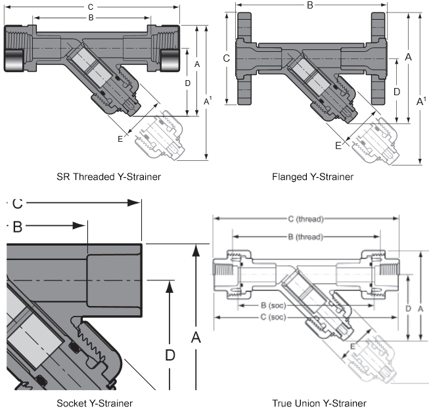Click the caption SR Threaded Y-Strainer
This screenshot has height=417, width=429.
tap(109, 177)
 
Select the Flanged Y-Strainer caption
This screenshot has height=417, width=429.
tap(313, 177)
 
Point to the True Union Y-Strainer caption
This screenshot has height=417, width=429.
tap(319, 403)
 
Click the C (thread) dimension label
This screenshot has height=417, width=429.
tap(306, 219)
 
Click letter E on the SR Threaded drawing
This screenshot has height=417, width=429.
tap(120, 139)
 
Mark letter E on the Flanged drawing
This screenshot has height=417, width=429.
tap(338, 146)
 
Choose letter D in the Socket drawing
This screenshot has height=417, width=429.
tap(169, 355)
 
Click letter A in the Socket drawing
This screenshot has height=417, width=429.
tap(195, 338)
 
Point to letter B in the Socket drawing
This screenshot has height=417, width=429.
tap(18, 227)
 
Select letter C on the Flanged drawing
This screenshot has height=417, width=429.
tap(226, 58)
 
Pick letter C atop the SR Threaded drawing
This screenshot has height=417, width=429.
tap(90, 7)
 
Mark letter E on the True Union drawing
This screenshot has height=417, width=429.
tap(353, 346)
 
